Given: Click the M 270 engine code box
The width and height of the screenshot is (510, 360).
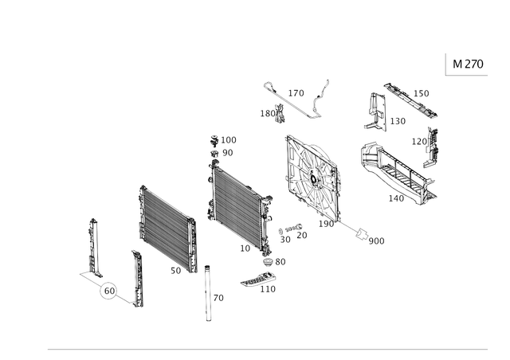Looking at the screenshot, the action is tap(467, 64).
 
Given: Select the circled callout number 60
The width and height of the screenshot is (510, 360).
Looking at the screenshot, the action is tap(109, 291).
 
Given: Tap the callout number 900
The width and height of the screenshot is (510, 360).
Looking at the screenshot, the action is tap(377, 241).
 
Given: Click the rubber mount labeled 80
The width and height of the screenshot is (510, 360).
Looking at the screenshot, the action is tap(269, 262).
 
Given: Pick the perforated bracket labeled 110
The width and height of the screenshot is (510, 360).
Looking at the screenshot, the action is tap(258, 280).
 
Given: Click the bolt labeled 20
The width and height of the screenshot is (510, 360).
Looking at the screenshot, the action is tap(293, 228).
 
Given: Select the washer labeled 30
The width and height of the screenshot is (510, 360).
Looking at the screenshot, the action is tap(280, 231).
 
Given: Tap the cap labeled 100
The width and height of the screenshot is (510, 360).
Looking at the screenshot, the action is tap(214, 140).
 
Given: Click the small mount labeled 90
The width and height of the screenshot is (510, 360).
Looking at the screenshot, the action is tap(214, 154).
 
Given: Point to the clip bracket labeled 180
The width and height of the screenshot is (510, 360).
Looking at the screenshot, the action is tap(280, 113).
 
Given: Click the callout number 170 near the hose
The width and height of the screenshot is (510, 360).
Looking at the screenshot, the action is tap(296, 93).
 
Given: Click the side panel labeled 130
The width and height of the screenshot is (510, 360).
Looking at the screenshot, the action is tap(375, 112).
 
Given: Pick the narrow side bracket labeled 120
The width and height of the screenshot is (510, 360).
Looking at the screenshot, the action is tap(430, 147).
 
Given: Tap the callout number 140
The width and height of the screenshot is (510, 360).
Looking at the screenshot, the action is tap(396, 198).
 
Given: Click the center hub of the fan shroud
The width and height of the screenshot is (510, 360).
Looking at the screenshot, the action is tap(313, 179).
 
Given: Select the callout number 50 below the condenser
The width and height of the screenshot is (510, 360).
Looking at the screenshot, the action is tap(175, 271).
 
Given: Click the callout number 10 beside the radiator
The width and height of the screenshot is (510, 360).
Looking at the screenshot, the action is tap(245, 248).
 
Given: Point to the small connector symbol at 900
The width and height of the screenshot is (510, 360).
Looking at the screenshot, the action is tap(361, 233).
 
